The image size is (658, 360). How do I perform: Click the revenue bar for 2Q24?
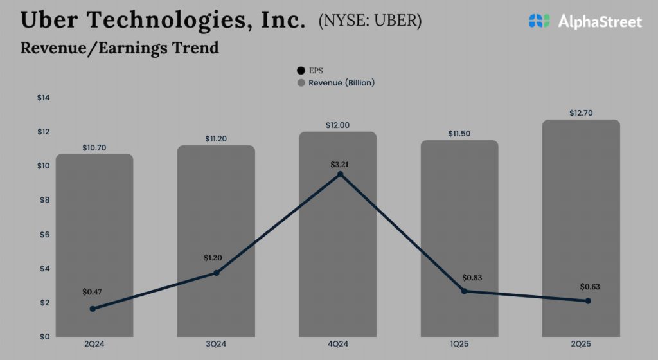tap(94, 244)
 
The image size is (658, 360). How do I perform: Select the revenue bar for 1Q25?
tap(459, 238)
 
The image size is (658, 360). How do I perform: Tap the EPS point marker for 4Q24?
tap(340, 174)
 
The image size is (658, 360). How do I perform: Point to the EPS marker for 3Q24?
tap(217, 273)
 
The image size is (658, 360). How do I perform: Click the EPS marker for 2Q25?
tap(588, 301)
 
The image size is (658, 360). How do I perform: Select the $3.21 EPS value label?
tap(340, 165)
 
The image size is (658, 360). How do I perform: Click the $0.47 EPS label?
tap(92, 292)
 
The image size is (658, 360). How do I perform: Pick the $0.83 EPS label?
tap(472, 278)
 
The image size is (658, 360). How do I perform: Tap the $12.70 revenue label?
tap(581, 113)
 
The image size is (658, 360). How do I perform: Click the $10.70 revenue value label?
tap(94, 147)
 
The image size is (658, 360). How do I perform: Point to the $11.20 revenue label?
tap(216, 138)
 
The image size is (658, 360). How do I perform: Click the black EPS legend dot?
tap(301, 71)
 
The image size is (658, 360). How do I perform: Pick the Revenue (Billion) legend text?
tap(341, 83)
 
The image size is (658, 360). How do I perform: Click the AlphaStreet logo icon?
tap(540, 21)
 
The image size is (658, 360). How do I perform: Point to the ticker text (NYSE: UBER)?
tap(369, 21)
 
